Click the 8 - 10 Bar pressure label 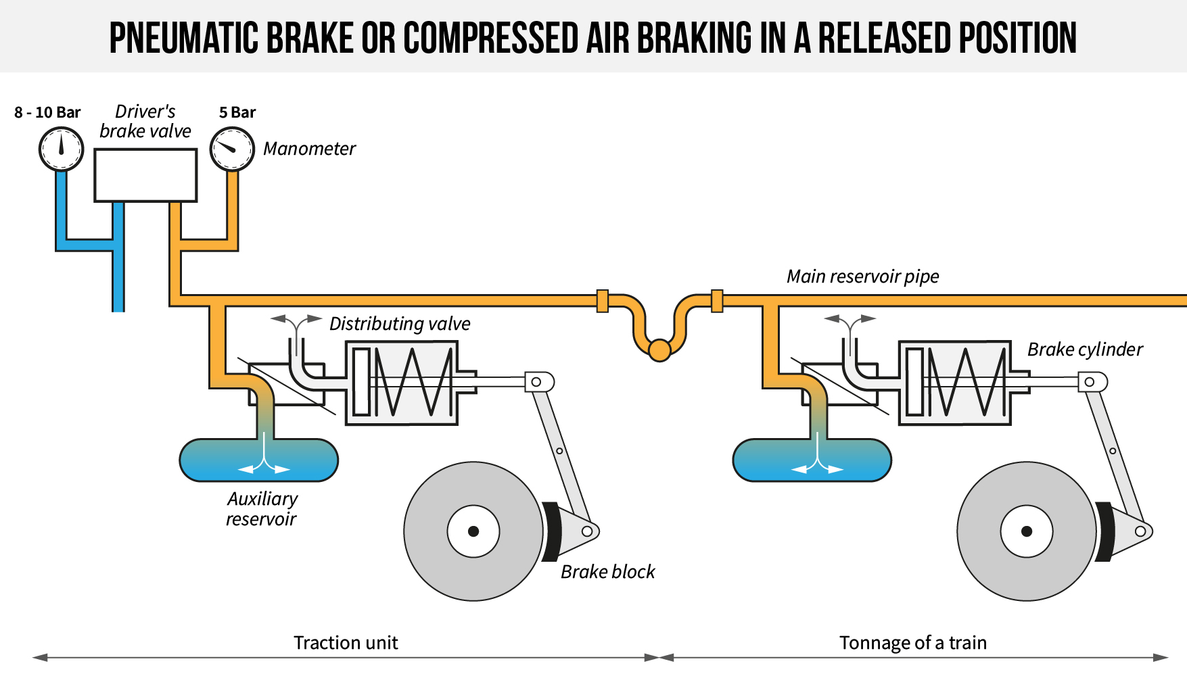[x=47, y=112]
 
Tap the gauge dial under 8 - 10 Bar [x=61, y=149]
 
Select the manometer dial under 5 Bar [x=232, y=149]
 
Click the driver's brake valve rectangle [x=145, y=176]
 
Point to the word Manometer [x=309, y=149]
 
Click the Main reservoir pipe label [x=862, y=276]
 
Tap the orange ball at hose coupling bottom [x=659, y=350]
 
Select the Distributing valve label [x=400, y=324]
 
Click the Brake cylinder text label [x=1085, y=350]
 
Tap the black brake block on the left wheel [x=551, y=531]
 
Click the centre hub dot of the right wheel [x=1026, y=531]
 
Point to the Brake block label [x=607, y=572]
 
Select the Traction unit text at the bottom [x=346, y=642]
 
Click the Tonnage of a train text [x=912, y=642]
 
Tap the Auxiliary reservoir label [x=262, y=509]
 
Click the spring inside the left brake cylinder [x=413, y=382]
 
